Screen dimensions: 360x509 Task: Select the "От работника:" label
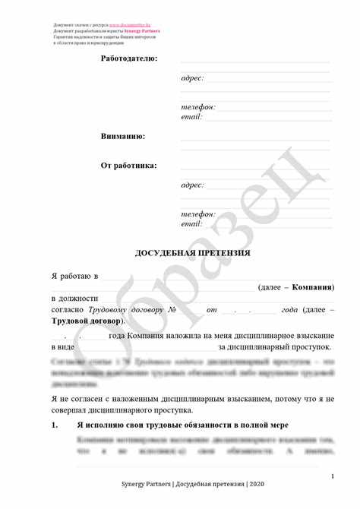(x=129, y=165)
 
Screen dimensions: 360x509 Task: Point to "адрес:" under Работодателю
(x=192, y=78)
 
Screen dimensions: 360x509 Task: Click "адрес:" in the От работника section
(x=192, y=185)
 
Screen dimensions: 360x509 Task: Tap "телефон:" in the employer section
(x=198, y=107)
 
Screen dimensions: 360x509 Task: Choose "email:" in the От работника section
(x=191, y=224)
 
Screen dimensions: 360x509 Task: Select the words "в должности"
(x=74, y=299)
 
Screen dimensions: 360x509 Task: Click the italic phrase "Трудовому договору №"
(x=134, y=311)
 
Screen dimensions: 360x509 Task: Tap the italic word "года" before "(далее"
(x=289, y=311)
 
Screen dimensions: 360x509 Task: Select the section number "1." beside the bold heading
(x=55, y=425)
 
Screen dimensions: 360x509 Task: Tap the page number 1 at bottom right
(x=333, y=476)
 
